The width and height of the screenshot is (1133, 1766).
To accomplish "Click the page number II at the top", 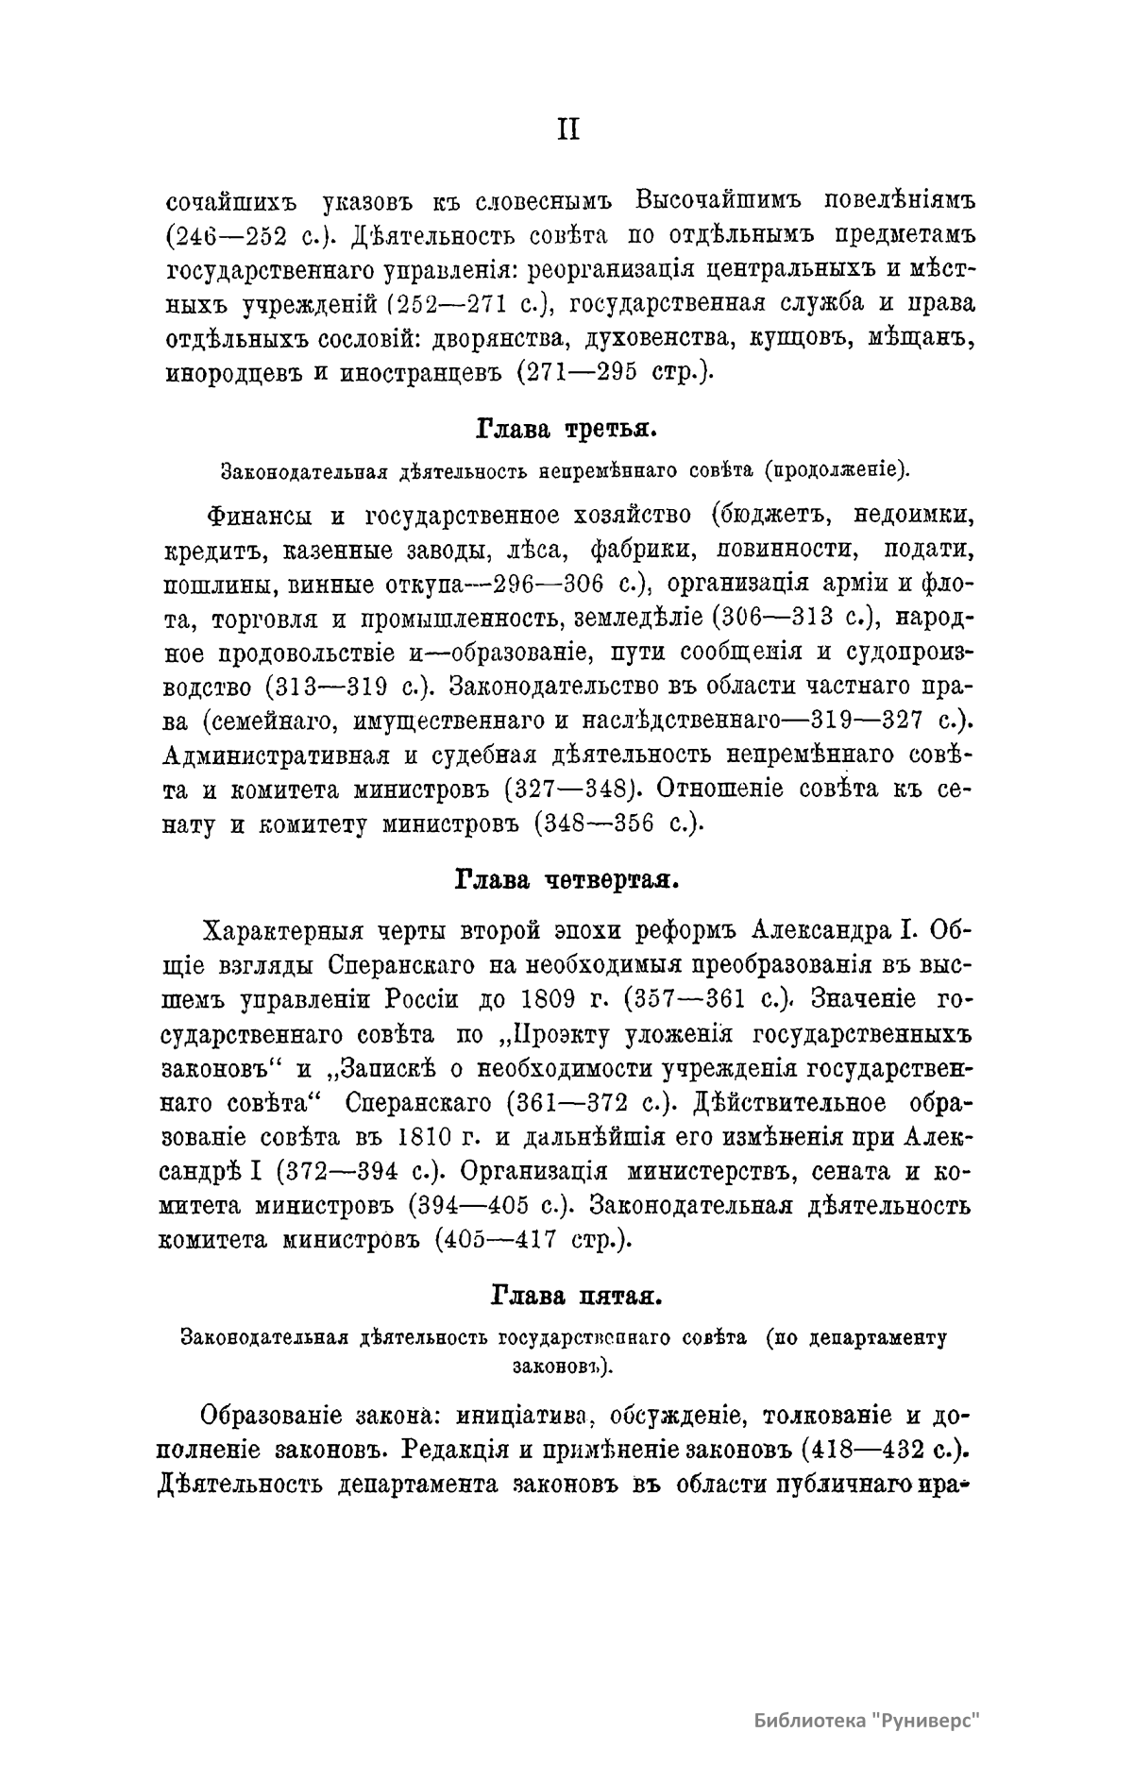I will [566, 130].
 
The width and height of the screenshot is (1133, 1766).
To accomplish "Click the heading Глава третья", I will [566, 430].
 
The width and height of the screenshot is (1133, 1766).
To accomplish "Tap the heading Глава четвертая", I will [566, 881].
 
